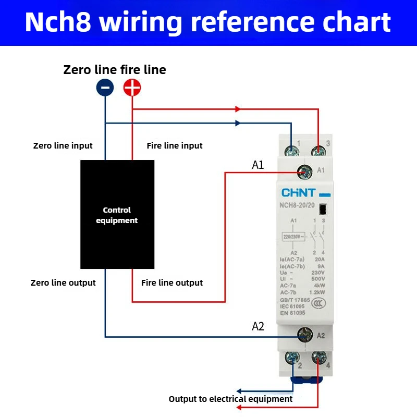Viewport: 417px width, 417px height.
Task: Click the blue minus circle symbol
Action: (105, 88)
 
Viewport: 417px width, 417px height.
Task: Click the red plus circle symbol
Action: (132, 88)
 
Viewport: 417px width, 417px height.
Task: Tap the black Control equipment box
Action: (117, 214)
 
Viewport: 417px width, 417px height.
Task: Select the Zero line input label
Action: (63, 145)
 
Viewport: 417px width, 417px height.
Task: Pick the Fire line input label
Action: (175, 145)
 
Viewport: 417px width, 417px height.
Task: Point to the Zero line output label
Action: (63, 283)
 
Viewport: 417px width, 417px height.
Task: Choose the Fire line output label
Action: (172, 283)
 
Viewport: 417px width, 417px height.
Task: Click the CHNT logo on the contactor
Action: (299, 194)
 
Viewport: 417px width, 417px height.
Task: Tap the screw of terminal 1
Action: (291, 151)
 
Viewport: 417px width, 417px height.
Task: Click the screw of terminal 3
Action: (317, 151)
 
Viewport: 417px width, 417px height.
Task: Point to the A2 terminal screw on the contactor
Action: (304, 335)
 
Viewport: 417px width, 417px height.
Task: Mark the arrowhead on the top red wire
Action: (238, 109)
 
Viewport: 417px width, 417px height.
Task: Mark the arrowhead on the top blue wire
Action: (238, 124)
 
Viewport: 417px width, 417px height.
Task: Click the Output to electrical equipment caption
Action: (230, 399)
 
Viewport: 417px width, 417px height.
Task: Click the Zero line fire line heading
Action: (115, 70)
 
